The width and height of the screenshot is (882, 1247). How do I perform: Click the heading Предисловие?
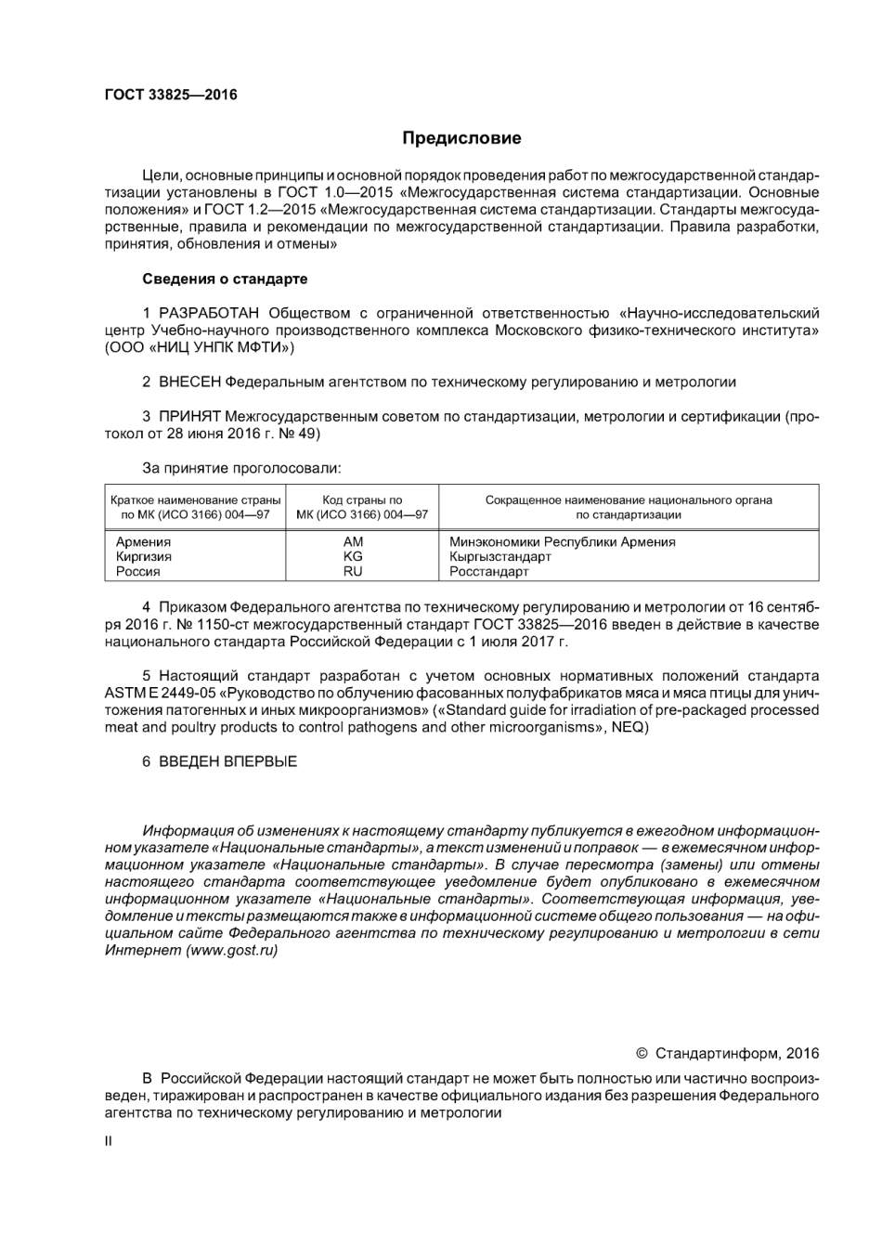click(461, 138)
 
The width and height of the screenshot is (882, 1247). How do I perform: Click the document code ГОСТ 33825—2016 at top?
click(171, 95)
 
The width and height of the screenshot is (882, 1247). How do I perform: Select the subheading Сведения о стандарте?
click(225, 279)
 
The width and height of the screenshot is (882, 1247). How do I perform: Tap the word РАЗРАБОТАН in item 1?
click(209, 313)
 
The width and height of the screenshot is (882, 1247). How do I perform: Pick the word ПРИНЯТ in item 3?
click(189, 416)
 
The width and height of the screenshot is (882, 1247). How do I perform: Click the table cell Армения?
click(143, 542)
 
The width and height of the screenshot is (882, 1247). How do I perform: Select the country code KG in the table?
click(353, 557)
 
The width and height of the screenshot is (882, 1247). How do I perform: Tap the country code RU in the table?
click(353, 572)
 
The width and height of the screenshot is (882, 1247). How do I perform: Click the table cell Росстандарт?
click(488, 572)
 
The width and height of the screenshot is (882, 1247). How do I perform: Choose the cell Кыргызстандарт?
click(499, 557)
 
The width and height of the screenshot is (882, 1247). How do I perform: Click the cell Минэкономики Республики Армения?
click(562, 542)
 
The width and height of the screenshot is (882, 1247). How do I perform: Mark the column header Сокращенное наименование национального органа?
click(629, 500)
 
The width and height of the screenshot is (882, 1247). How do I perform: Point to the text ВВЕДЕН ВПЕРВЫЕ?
click(227, 761)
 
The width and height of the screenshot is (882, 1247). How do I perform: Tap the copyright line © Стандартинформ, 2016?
click(727, 1053)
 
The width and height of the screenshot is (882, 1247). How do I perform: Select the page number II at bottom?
click(108, 1141)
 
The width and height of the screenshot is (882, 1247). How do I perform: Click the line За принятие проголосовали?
click(241, 468)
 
